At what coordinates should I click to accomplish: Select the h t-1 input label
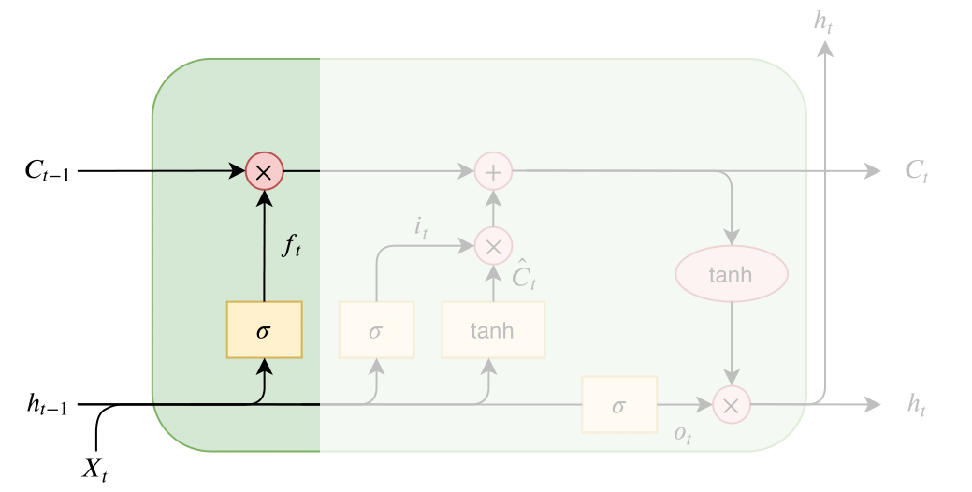tap(47, 405)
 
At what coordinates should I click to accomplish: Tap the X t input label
tap(94, 469)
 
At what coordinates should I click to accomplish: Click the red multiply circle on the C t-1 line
tap(264, 171)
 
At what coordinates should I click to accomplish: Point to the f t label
tap(292, 247)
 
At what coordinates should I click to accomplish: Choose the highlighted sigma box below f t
tap(264, 329)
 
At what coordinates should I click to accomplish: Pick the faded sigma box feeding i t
tap(376, 329)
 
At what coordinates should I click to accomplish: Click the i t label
tap(420, 227)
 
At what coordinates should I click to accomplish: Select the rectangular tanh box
tap(493, 329)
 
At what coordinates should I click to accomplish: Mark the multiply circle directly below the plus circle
tap(493, 246)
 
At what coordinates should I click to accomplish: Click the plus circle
tap(493, 171)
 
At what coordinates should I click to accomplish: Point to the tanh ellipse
tap(732, 275)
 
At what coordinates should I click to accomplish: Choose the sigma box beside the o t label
tap(618, 405)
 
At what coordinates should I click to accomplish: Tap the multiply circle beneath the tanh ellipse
tap(732, 405)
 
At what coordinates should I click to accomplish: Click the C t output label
tap(916, 171)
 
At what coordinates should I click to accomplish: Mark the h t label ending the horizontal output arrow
tap(916, 405)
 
